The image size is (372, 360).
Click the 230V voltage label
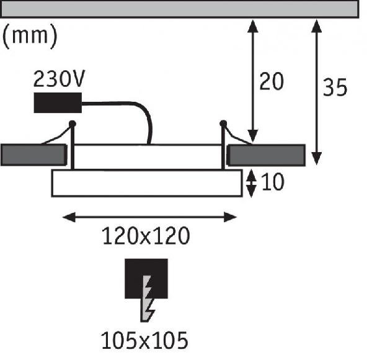point(60,80)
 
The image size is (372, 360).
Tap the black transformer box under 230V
point(58,102)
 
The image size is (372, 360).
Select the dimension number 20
point(271,82)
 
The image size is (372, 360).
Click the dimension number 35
point(335,88)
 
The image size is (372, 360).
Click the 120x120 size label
point(145,236)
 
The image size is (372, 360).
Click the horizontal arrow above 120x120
point(151,217)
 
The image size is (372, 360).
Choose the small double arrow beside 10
point(250,184)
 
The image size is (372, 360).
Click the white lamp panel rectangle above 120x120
point(146,183)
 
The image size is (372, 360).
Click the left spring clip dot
point(73,124)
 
